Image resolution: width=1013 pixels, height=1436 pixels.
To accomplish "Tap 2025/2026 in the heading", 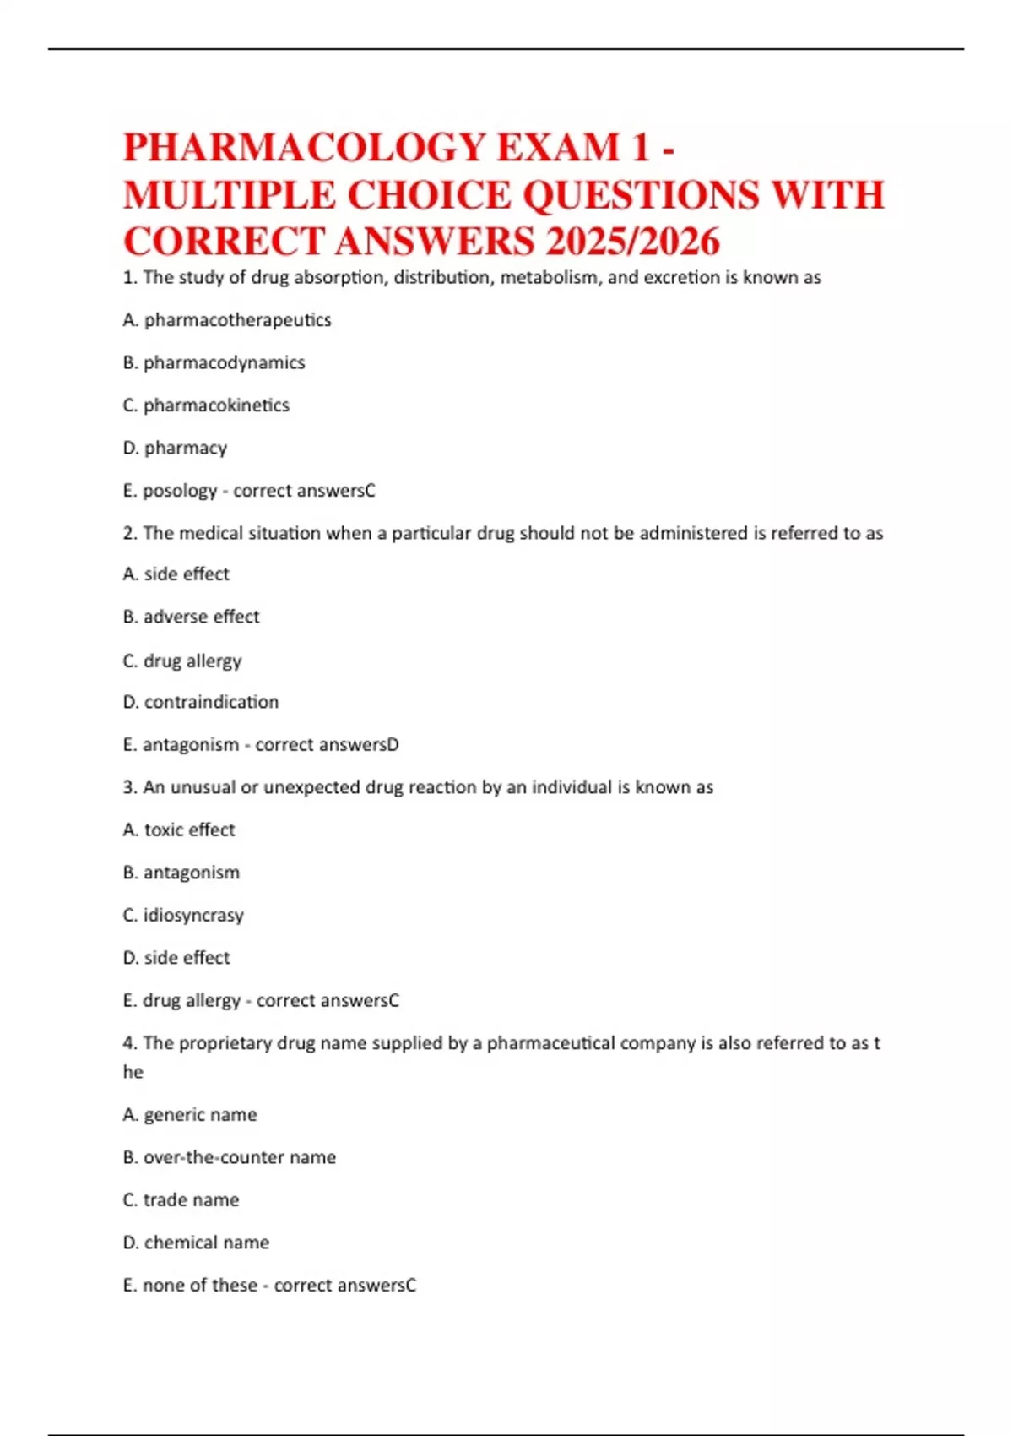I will pos(632,242).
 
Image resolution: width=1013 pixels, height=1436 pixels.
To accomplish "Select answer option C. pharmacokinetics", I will pos(206,405).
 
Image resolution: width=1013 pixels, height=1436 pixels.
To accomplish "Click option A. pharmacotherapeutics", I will pos(227,320).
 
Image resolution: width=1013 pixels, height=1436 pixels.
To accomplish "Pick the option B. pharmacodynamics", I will pos(214,362).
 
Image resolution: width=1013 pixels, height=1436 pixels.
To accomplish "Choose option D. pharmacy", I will pos(175,448).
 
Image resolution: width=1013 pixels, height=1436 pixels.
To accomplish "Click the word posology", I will pos(180,491).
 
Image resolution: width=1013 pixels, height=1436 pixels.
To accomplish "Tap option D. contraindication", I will pos(201,702).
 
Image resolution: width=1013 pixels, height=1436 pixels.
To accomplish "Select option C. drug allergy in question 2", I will pos(182,661).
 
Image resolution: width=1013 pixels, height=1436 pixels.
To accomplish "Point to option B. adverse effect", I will pos(191,617).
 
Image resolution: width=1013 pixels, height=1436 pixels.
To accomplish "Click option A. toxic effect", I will pos(179,830).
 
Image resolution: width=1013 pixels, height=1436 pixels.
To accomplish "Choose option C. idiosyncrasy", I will pos(183,915).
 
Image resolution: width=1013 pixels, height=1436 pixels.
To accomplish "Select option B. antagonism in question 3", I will pos(181,873).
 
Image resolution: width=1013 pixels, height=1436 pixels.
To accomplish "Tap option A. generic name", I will pos(190,1115).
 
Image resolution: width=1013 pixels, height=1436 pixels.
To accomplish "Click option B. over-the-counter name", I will pos(230,1157).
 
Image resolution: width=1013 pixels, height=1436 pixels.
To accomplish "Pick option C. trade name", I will pos(181,1200).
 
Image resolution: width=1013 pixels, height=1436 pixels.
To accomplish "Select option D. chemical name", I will pos(196,1243).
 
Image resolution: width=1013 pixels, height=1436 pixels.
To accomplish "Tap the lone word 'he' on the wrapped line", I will pos(133,1072).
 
